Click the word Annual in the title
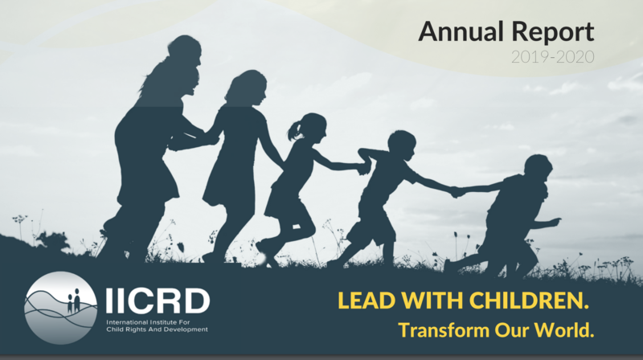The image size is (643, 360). [x=461, y=31]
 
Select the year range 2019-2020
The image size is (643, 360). [x=553, y=56]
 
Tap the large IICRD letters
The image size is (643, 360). [x=158, y=301]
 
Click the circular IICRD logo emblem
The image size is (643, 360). [x=61, y=308]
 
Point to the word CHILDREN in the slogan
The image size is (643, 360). [x=529, y=301]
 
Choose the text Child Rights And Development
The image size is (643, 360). [x=157, y=329]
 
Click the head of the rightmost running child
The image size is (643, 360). [x=538, y=168]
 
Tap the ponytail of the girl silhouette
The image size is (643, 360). [x=294, y=130]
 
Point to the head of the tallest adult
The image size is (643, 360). [x=185, y=50]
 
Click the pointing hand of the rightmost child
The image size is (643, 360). [x=554, y=223]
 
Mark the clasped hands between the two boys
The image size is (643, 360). [x=457, y=191]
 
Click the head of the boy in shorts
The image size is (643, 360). [x=402, y=145]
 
